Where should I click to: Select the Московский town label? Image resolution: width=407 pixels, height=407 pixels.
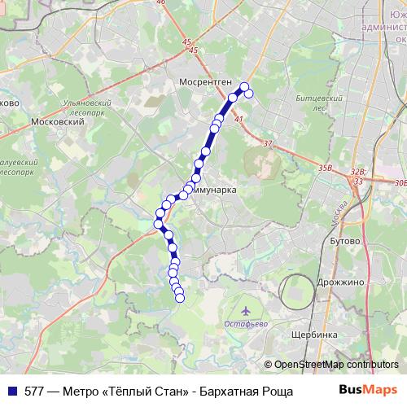(x=57, y=121)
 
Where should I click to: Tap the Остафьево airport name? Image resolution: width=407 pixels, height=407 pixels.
(x=245, y=323)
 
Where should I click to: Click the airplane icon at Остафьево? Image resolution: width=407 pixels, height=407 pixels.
(x=246, y=310)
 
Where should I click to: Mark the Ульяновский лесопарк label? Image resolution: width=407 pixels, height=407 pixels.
(x=85, y=108)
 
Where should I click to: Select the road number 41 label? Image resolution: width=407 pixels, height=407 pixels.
(x=239, y=120)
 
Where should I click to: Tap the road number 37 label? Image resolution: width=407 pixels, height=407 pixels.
(x=268, y=143)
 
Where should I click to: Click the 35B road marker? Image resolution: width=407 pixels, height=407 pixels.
(x=326, y=168)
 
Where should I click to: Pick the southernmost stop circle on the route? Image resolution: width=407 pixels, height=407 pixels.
(x=180, y=298)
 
